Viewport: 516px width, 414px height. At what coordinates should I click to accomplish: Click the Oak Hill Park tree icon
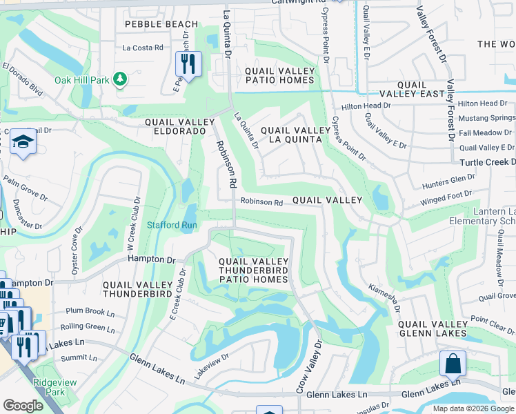pos(120,80)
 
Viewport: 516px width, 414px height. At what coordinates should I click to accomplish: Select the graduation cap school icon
pos(23,143)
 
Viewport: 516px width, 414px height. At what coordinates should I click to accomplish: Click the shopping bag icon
pos(453,364)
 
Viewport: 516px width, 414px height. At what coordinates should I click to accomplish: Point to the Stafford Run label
pos(172,225)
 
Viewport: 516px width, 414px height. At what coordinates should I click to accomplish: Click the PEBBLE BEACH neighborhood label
pos(161,24)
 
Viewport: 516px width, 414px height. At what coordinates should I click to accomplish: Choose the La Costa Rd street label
pos(143,48)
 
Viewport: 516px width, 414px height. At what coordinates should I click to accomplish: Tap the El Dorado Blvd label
pos(22,80)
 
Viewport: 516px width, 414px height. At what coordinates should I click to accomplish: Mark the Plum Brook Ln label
pos(90,312)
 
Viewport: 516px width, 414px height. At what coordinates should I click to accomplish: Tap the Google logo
pos(23,406)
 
